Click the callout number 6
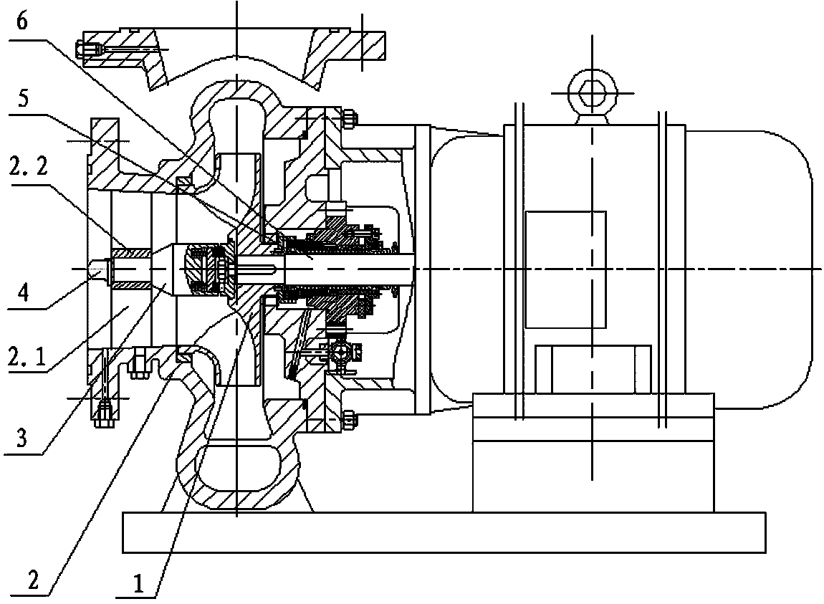click(x=21, y=22)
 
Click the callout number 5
click(x=23, y=98)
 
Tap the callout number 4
click(x=23, y=293)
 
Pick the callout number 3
click(x=21, y=437)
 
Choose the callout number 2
click(x=33, y=580)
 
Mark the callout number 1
click(x=138, y=583)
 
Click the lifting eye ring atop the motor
click(x=593, y=95)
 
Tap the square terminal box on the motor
click(x=565, y=269)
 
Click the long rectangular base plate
click(x=444, y=532)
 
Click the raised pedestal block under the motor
click(x=593, y=452)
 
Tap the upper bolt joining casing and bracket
click(x=349, y=118)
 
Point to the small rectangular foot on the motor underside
click(x=593, y=368)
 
